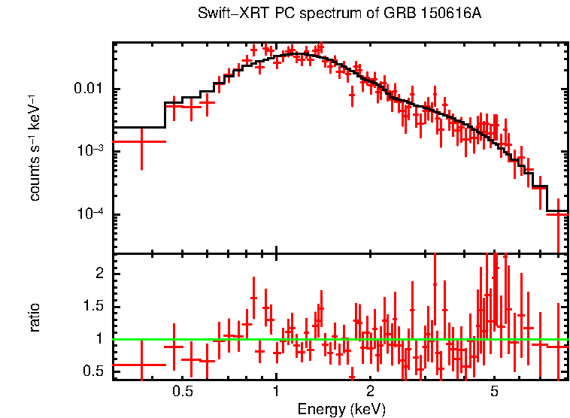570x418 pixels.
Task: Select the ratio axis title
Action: pyautogui.click(x=35, y=317)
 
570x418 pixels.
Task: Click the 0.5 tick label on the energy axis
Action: pyautogui.click(x=181, y=392)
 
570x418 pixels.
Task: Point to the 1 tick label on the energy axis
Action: pyautogui.click(x=276, y=392)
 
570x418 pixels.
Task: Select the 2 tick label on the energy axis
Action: pyautogui.click(x=370, y=392)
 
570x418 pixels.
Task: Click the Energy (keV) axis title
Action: pyautogui.click(x=341, y=409)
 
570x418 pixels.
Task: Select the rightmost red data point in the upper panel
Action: pyautogui.click(x=557, y=214)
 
